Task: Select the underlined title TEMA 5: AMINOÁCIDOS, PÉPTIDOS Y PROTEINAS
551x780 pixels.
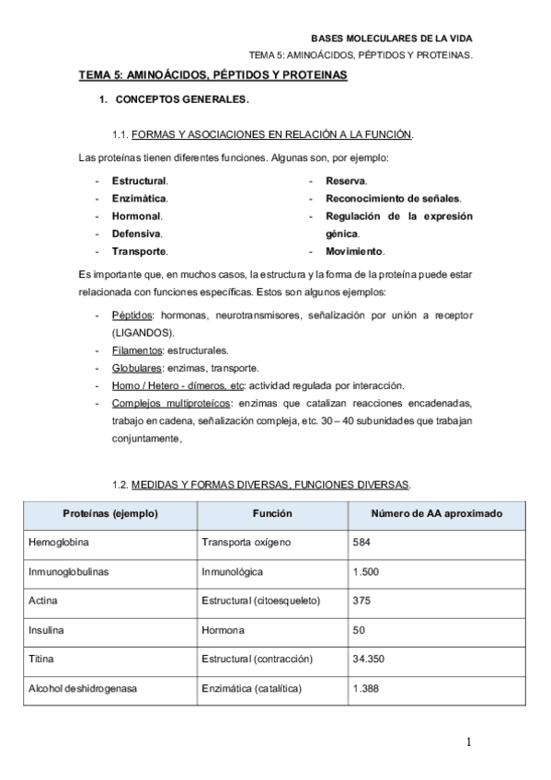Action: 212,75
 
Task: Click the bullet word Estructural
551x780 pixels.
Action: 139,181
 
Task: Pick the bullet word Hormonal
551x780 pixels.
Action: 136,216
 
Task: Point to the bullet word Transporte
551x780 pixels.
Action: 139,251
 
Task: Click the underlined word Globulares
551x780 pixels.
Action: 135,368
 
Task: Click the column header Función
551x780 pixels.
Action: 272,513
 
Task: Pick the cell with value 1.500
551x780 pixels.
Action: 366,571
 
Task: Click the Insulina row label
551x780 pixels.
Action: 48,630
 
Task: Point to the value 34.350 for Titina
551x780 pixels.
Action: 369,660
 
